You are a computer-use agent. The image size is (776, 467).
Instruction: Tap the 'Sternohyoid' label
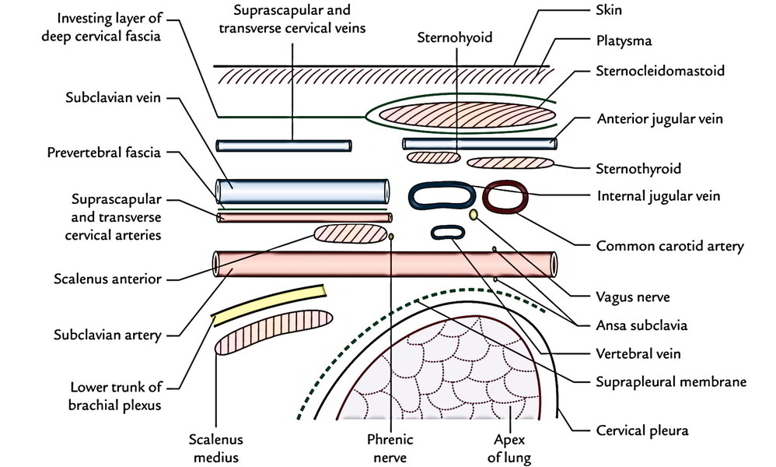(x=454, y=37)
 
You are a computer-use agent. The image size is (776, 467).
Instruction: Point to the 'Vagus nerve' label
(x=628, y=297)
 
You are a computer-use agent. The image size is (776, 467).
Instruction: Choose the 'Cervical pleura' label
(x=641, y=430)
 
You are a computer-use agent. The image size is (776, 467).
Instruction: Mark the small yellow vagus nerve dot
(x=474, y=214)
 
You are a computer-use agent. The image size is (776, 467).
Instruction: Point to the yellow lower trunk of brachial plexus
(x=268, y=302)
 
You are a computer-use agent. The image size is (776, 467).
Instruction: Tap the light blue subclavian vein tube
(x=302, y=191)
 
